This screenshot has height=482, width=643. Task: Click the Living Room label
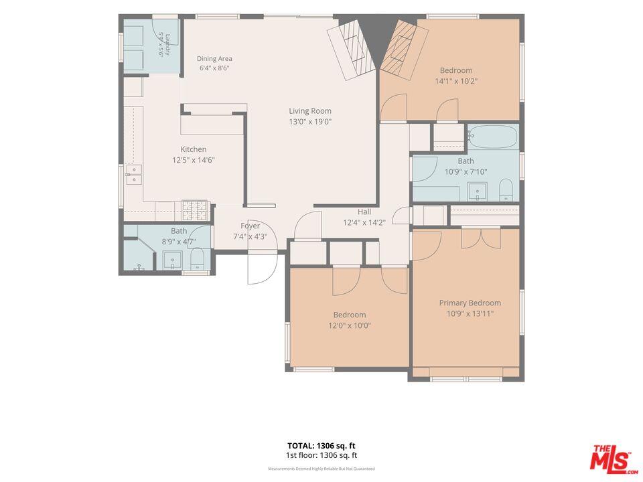click(x=310, y=110)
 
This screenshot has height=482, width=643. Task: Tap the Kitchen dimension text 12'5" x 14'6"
click(x=194, y=160)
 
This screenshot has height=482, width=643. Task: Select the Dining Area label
click(x=214, y=59)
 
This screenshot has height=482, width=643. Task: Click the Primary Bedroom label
click(x=470, y=303)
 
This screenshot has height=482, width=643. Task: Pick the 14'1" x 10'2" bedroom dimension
click(x=456, y=81)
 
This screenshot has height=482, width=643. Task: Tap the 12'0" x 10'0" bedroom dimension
click(x=350, y=326)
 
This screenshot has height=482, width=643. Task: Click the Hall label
click(x=364, y=212)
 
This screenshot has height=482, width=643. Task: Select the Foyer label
click(x=250, y=226)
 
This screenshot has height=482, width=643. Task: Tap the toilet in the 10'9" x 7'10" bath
click(x=506, y=189)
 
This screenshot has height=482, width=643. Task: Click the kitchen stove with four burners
click(x=195, y=210)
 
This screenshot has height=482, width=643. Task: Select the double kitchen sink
click(x=134, y=175)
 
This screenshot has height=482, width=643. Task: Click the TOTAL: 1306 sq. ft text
click(x=321, y=446)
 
